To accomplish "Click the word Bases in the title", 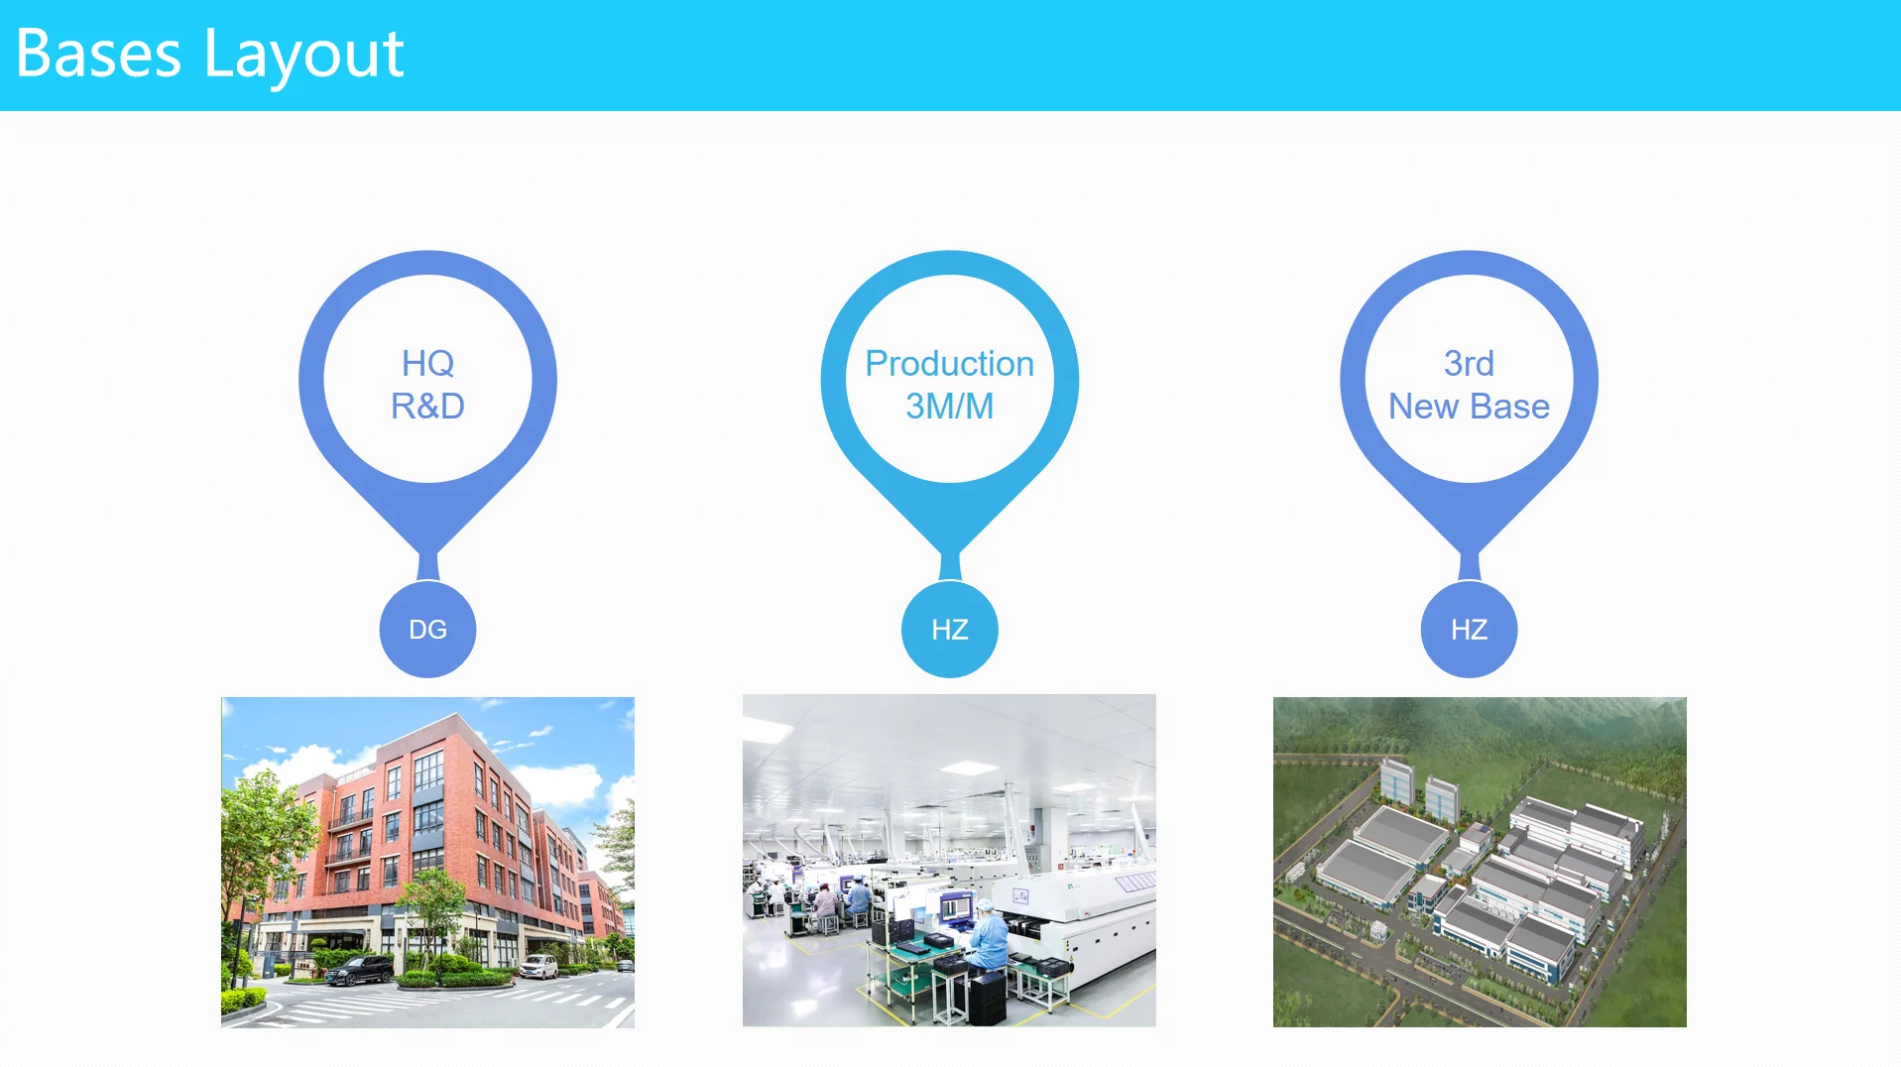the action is pos(98,54).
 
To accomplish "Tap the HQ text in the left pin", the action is pos(427,363).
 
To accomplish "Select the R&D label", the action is pos(427,406).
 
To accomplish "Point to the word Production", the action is pos(949,363).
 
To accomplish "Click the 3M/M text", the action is pos(949,406).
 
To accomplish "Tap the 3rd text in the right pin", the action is pos(1469,363).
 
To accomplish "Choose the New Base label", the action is pos(1469,406).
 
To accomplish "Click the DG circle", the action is pos(427,630).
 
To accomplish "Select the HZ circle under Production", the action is pos(949,630).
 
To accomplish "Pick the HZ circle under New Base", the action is pos(1469,630).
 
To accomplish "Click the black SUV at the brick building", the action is pos(359,970).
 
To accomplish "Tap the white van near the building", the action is pos(539,966).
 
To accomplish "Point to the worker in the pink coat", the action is pos(824,903).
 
